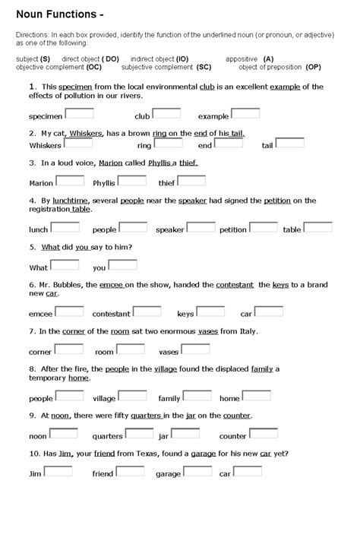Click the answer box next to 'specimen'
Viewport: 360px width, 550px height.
80,114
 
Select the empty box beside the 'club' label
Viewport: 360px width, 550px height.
167,114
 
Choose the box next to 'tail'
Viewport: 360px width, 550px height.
290,143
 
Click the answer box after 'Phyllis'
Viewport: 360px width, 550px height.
132,181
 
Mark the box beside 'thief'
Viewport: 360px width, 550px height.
191,181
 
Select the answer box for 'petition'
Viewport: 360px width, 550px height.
264,227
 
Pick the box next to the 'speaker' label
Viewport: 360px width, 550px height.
201,227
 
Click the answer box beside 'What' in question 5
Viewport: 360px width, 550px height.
65,265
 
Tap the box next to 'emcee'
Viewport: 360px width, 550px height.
70,311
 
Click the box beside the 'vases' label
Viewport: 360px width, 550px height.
196,349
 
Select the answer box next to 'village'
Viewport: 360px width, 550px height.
133,396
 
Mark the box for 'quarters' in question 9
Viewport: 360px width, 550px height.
139,434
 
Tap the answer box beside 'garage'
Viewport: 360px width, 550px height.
198,472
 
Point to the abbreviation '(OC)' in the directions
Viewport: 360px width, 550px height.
89,67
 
